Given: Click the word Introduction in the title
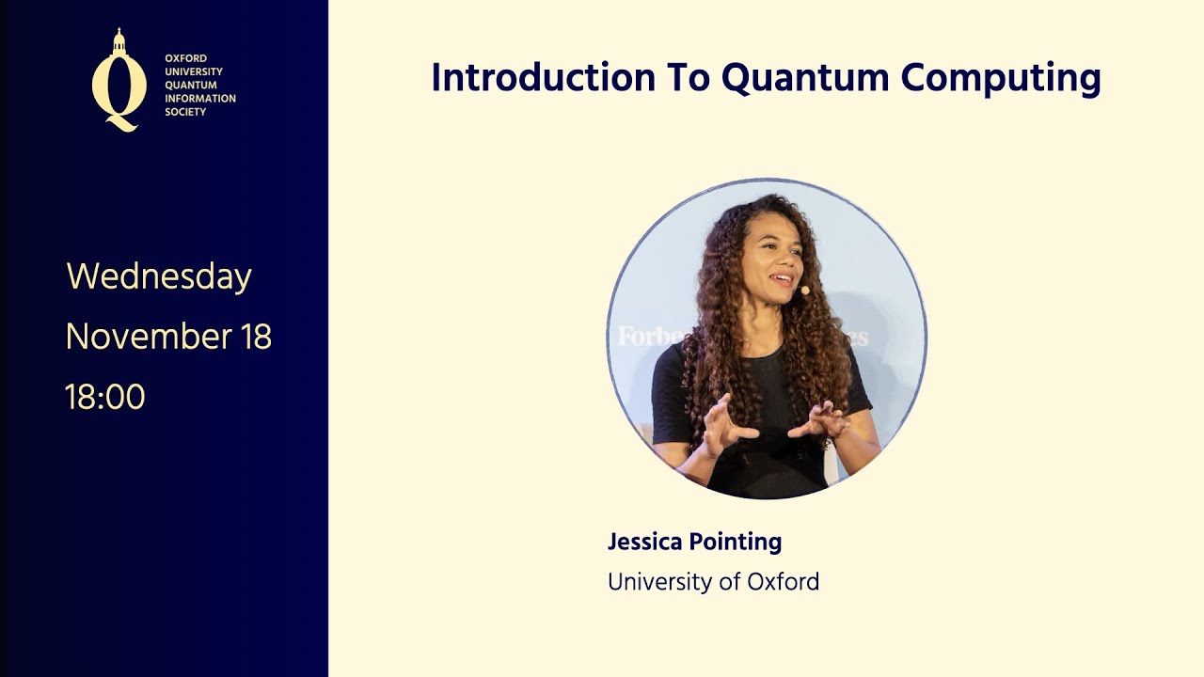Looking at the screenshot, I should [x=543, y=77].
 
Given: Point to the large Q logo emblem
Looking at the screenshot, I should [x=119, y=89].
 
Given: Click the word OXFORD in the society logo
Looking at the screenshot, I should [x=185, y=58].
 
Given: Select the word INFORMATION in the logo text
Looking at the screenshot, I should [x=200, y=99].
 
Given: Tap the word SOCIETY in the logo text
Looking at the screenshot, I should [x=185, y=112].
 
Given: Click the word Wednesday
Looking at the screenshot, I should [x=159, y=277].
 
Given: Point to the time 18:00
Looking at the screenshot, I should [x=105, y=397].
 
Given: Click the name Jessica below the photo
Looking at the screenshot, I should [x=645, y=542].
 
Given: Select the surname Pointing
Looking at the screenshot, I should [x=736, y=543].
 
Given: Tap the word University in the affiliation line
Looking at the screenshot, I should [x=659, y=582].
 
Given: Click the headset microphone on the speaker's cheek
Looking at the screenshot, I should [x=804, y=291].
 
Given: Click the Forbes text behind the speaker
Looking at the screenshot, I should [x=649, y=336].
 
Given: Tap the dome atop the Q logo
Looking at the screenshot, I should [x=119, y=42].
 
